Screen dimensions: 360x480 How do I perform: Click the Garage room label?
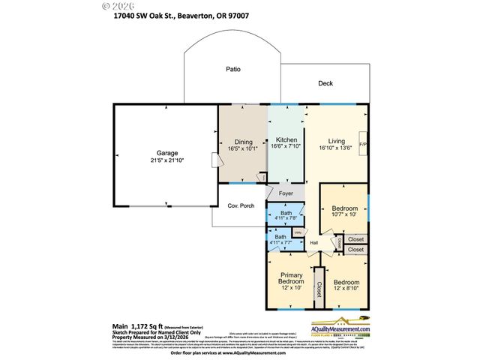[x=167, y=152]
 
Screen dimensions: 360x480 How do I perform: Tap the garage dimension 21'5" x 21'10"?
[x=167, y=160]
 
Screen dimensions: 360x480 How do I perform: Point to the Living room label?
[x=336, y=140]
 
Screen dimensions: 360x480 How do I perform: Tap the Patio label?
[x=233, y=69]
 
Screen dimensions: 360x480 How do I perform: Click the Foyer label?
[x=286, y=193]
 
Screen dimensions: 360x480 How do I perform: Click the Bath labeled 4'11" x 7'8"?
[x=286, y=214]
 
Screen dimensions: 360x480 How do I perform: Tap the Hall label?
[x=314, y=242]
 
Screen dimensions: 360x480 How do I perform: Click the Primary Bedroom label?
[x=291, y=279]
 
